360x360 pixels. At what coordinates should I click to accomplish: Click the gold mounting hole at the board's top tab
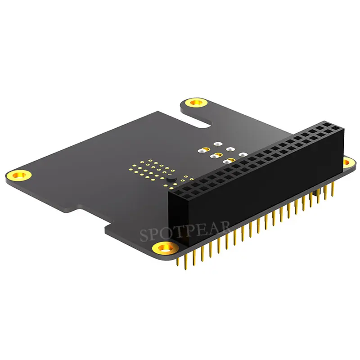(195, 103)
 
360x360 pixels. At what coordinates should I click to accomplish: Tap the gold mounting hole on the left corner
(19, 174)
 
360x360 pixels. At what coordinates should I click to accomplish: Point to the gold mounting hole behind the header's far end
(347, 161)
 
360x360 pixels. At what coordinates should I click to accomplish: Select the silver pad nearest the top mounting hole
(217, 144)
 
